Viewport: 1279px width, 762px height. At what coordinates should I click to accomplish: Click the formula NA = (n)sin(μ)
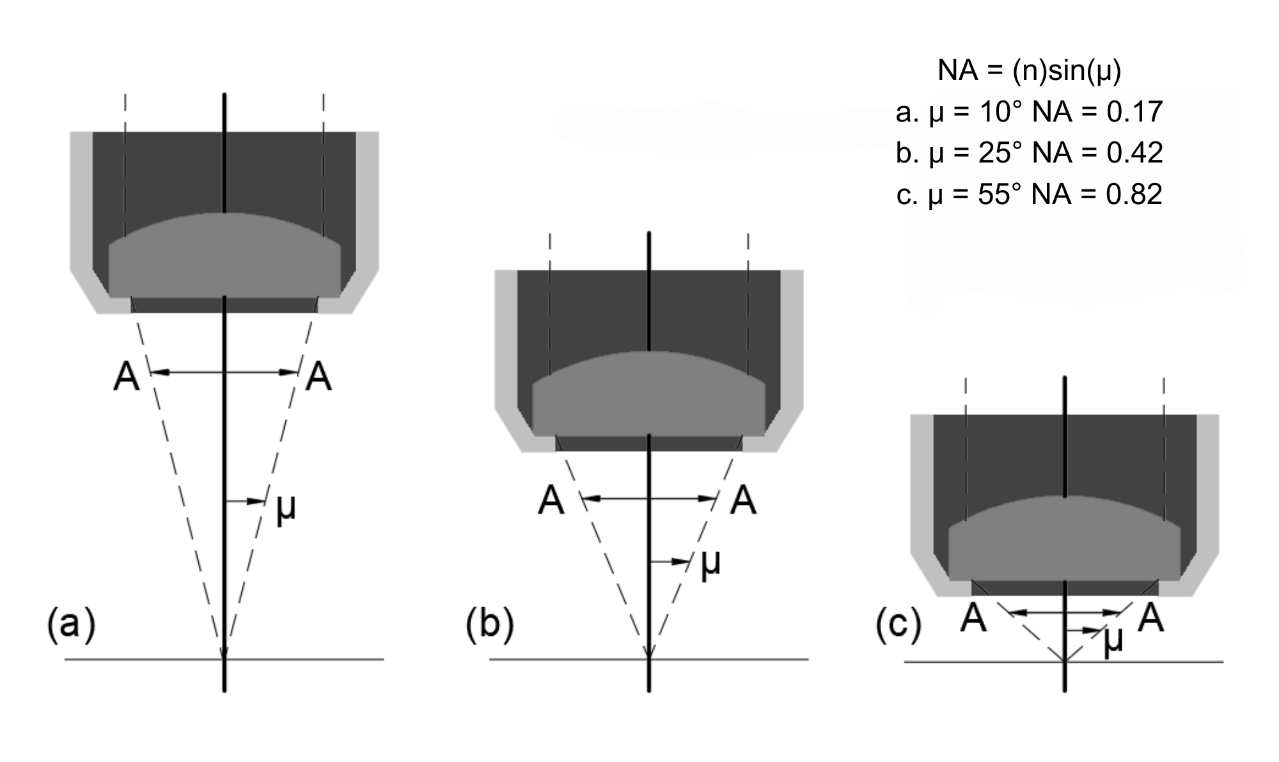[x=1029, y=71]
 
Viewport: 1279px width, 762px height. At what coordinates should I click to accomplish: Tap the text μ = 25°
[x=975, y=153]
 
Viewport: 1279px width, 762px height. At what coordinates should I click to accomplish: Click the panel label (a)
[x=71, y=624]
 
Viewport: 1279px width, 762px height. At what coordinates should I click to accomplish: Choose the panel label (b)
[x=490, y=624]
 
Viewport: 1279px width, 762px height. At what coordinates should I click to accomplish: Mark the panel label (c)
[x=898, y=625]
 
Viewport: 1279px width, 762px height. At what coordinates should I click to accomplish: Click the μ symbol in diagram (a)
[x=285, y=510]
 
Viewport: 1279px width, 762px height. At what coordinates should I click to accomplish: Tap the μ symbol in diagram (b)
[x=710, y=564]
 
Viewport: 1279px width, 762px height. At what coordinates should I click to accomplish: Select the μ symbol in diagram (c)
[x=1113, y=642]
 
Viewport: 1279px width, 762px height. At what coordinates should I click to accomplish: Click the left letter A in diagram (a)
[x=126, y=377]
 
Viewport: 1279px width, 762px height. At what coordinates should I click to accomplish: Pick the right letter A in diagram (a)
[x=318, y=377]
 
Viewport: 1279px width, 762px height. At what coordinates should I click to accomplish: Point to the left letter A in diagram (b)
[x=551, y=501]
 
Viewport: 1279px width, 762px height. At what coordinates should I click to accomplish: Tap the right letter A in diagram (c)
[x=1151, y=619]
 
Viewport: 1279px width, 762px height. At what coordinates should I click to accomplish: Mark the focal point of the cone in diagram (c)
[x=1065, y=661]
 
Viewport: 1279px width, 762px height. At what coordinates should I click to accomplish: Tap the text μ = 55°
[x=975, y=194]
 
